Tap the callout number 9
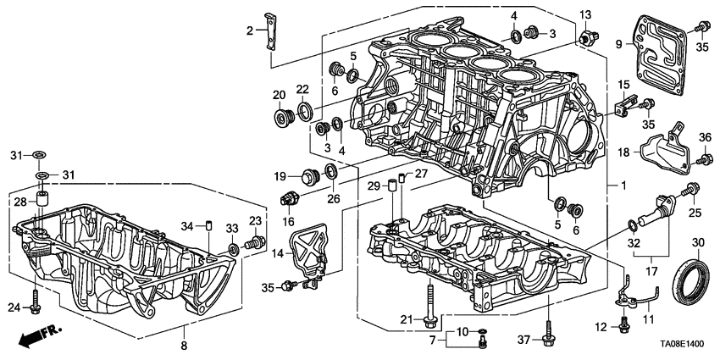click(618, 44)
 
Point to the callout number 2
click(250, 31)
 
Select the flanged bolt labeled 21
click(433, 305)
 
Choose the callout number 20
click(278, 94)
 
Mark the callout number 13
click(585, 14)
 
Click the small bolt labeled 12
click(624, 324)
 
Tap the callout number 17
click(652, 273)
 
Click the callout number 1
click(624, 184)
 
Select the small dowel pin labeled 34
click(205, 225)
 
